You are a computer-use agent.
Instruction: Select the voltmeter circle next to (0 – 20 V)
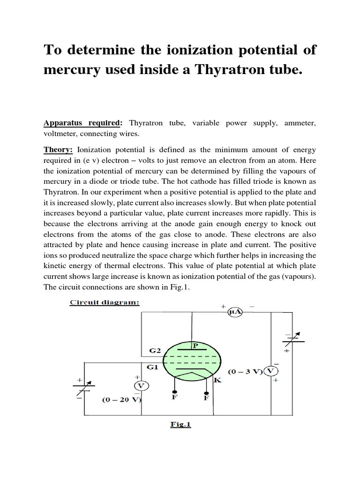point(141,385)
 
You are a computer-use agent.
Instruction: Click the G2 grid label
point(155,350)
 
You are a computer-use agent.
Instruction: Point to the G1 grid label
point(152,367)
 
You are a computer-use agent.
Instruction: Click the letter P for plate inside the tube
point(195,345)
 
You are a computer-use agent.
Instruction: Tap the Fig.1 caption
point(180,425)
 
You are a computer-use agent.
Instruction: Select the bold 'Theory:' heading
point(59,150)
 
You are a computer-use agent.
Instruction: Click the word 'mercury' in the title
point(72,70)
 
